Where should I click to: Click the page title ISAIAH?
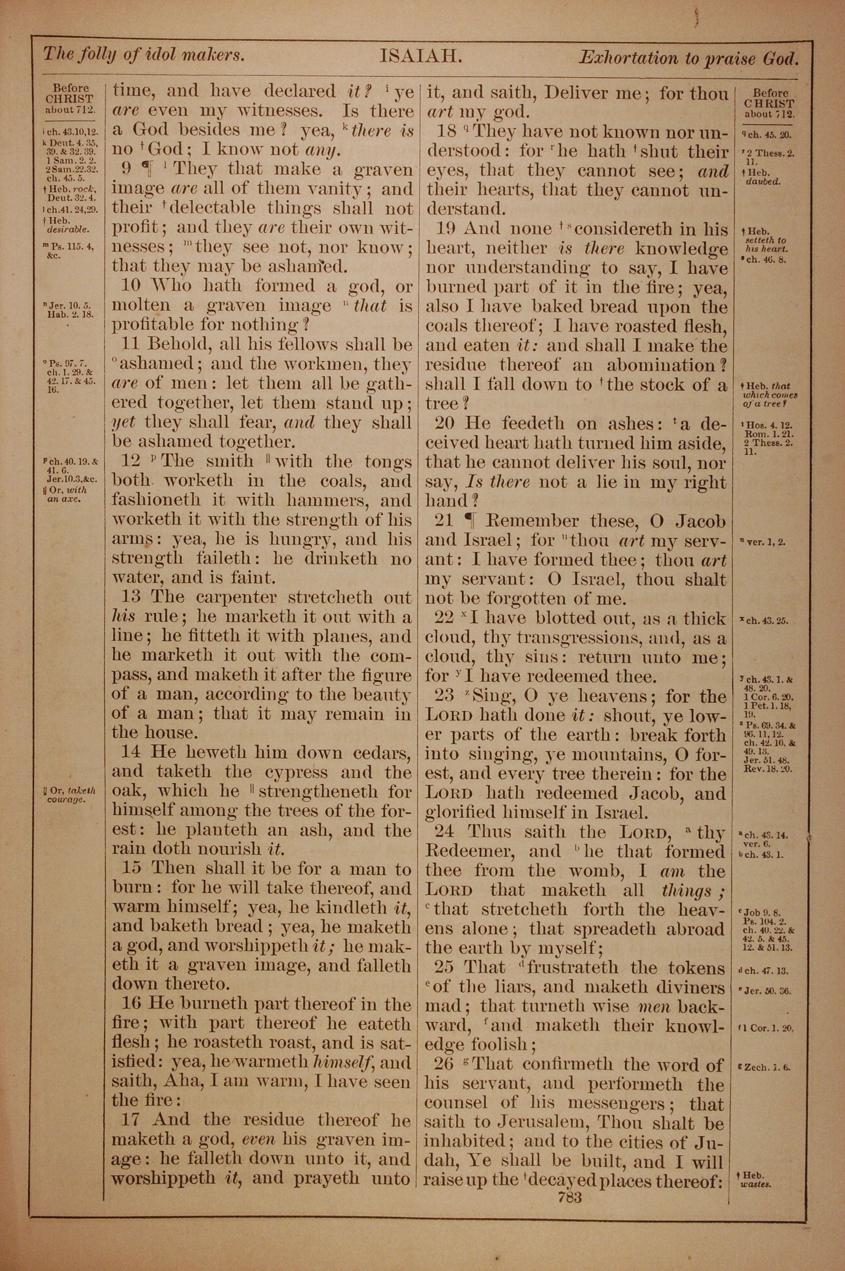[x=421, y=57]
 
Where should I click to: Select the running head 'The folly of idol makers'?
[x=144, y=55]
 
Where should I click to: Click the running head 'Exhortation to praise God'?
[x=688, y=57]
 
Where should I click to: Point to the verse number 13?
[x=131, y=597]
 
